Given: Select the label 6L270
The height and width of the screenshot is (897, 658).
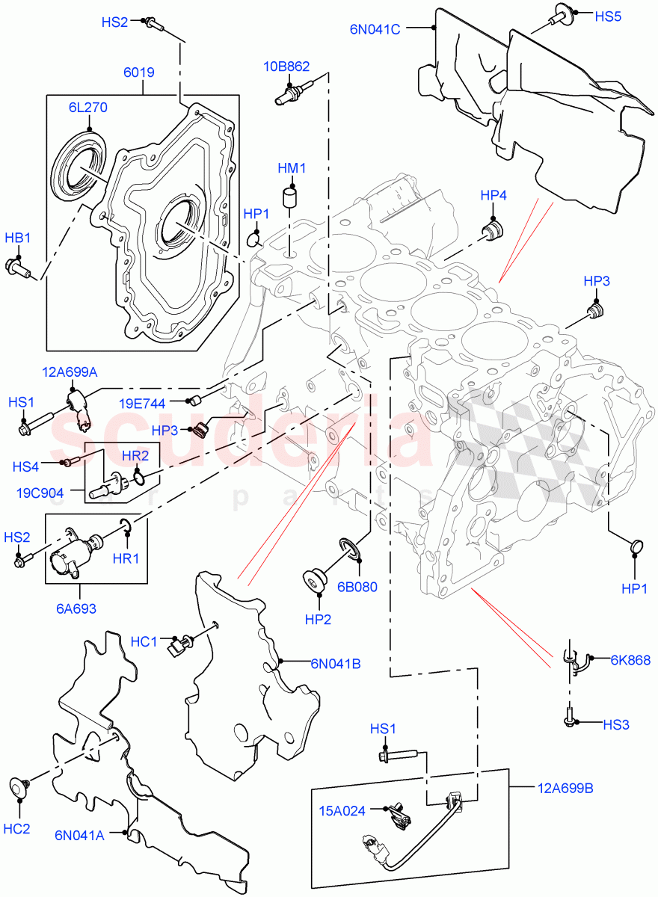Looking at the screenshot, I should pyautogui.click(x=88, y=108).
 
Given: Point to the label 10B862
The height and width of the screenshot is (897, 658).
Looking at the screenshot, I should pyautogui.click(x=285, y=67).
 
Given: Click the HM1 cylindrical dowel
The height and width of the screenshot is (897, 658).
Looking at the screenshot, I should pyautogui.click(x=290, y=200).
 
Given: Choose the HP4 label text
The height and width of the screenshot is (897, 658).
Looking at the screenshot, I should pyautogui.click(x=493, y=196).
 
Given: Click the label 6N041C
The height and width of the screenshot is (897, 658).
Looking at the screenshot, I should pyautogui.click(x=375, y=29).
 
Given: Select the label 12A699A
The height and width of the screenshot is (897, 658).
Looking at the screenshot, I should pyautogui.click(x=70, y=372).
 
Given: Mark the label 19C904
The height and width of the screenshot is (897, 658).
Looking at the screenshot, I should pyautogui.click(x=39, y=493).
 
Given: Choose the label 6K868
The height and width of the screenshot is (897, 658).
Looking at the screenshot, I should pyautogui.click(x=630, y=659).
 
